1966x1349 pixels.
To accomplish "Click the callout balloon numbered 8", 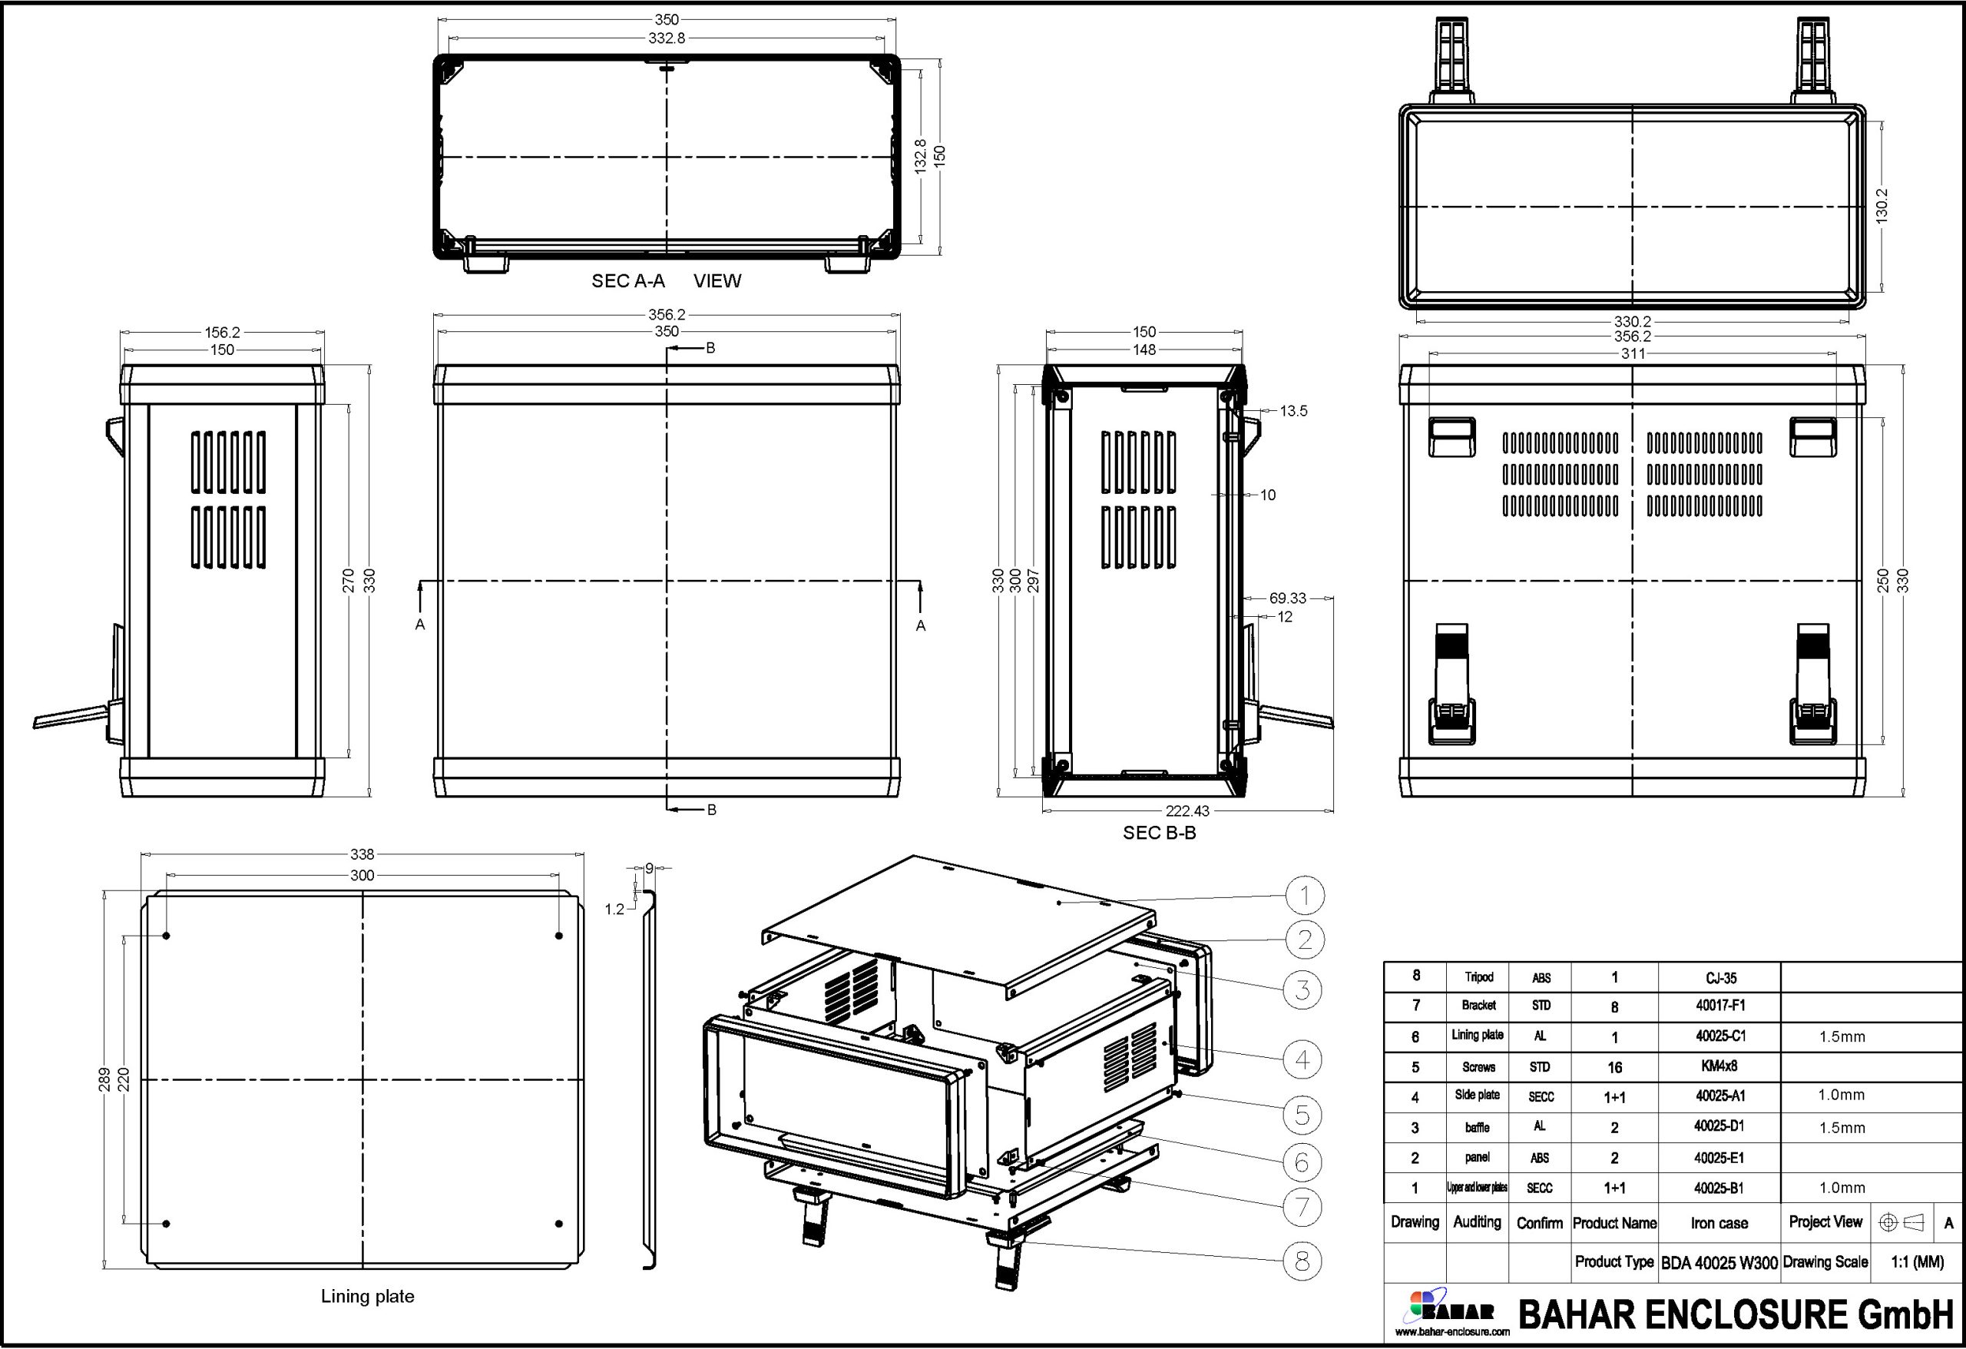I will pos(1302,1261).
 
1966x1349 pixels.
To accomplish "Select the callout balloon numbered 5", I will pos(1302,1115).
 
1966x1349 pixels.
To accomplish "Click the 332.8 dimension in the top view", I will pos(667,38).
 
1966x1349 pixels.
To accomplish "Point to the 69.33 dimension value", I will pos(1288,598).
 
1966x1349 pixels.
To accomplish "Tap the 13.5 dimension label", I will pos(1292,411).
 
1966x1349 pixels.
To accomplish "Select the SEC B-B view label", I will pos(1159,833).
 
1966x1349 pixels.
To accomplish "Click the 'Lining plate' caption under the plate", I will pos(367,1297).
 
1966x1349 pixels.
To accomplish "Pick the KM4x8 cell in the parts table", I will pos(1719,1066).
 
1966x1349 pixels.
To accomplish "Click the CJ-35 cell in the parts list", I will pos(1721,977).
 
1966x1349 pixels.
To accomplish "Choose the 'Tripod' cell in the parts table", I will pos(1479,977).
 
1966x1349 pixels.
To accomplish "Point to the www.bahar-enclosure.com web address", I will pos(1451,1332).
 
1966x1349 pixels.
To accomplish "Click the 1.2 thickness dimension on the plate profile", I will pos(614,910).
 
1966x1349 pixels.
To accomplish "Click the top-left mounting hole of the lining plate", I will pos(167,936).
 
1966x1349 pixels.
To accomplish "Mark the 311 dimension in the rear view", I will pos(1632,353).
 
